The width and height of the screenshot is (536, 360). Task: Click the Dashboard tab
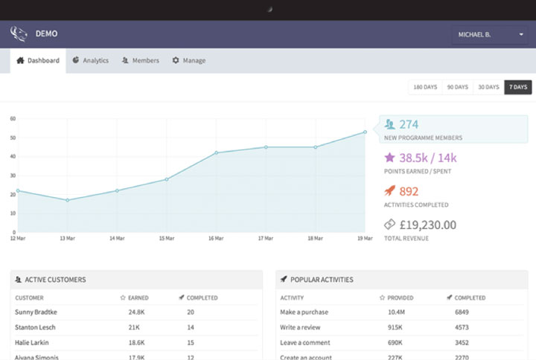(x=38, y=60)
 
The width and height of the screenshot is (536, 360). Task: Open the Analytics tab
(x=91, y=60)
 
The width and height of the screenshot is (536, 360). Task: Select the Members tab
(x=141, y=60)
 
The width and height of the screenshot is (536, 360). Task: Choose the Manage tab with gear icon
(x=189, y=60)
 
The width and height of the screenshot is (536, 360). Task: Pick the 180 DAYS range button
(x=425, y=87)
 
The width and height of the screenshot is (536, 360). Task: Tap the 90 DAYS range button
(x=457, y=87)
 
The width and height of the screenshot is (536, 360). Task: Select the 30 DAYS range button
(x=488, y=87)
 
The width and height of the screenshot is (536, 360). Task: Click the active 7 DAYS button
(x=518, y=87)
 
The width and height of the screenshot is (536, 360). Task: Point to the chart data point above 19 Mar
(x=366, y=132)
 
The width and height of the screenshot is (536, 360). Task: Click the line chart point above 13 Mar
(x=67, y=200)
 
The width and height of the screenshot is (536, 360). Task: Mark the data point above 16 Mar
(x=216, y=152)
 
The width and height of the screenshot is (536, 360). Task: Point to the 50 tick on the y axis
(x=13, y=138)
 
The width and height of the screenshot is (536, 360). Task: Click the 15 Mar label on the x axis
(x=166, y=238)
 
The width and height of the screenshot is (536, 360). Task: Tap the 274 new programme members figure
(x=409, y=125)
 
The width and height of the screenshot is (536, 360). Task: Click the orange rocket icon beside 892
(x=389, y=191)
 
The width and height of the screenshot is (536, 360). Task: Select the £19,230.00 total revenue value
(x=427, y=225)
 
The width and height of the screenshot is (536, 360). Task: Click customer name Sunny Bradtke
(x=36, y=312)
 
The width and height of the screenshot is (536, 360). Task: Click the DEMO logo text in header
(x=46, y=33)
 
